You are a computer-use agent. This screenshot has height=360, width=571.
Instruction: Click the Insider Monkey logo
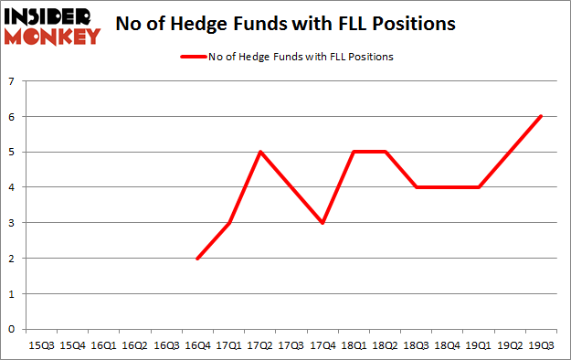(51, 25)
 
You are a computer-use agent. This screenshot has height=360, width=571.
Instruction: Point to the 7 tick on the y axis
(12, 81)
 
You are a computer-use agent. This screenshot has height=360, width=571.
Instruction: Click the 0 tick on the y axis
(12, 329)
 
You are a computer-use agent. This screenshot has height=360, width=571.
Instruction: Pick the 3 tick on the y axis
(12, 223)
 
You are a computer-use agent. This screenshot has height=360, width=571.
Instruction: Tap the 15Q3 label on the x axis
(42, 346)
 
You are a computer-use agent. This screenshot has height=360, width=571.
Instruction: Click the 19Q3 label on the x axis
(542, 346)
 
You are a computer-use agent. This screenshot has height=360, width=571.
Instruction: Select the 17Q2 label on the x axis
(260, 346)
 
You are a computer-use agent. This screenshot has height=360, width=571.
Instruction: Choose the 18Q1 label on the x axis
(354, 346)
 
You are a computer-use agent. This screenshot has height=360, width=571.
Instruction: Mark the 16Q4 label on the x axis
(198, 346)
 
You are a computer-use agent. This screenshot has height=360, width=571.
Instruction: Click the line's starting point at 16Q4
(198, 259)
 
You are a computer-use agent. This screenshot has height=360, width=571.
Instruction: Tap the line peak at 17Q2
(260, 152)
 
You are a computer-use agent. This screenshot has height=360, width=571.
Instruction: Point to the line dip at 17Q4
(323, 223)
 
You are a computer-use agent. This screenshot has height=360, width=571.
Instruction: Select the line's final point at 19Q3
(542, 116)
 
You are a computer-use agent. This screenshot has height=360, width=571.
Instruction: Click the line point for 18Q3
(417, 187)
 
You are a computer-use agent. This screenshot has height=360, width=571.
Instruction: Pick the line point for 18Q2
(386, 152)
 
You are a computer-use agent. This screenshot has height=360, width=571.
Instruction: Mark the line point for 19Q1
(480, 187)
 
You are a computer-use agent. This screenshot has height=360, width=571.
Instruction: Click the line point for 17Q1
(229, 223)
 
